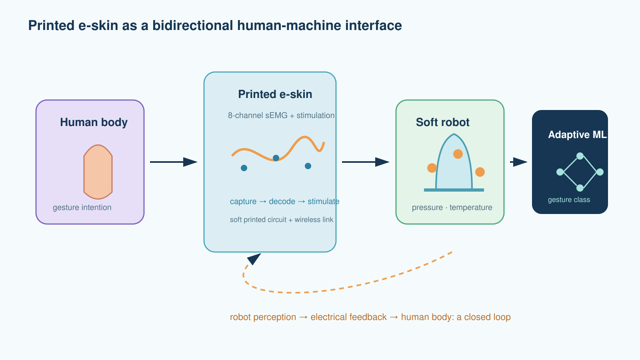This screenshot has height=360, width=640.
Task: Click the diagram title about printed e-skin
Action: [215, 26]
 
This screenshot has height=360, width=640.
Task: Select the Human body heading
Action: [94, 122]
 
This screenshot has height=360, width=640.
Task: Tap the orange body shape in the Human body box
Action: [98, 172]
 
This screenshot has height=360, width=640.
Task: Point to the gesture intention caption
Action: [82, 208]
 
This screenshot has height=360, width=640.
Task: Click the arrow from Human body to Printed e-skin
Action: [174, 162]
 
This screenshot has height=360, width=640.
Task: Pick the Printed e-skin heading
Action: [275, 94]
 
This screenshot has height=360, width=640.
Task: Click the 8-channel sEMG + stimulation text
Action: [281, 116]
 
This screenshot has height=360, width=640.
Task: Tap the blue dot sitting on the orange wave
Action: [276, 158]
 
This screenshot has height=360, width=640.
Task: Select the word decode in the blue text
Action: [282, 202]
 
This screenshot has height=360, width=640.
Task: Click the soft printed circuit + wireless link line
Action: [282, 220]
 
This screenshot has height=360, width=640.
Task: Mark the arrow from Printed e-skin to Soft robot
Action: [366, 162]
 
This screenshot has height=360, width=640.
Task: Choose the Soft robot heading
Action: [442, 122]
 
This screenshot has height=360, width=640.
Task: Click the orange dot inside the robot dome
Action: [458, 154]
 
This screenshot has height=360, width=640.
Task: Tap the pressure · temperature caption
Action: [452, 208]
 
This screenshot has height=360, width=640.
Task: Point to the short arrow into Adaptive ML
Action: [518, 162]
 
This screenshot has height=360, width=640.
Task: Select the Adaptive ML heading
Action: [578, 134]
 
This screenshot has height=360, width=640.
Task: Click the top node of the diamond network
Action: [580, 156]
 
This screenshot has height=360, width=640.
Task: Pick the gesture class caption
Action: [569, 200]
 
